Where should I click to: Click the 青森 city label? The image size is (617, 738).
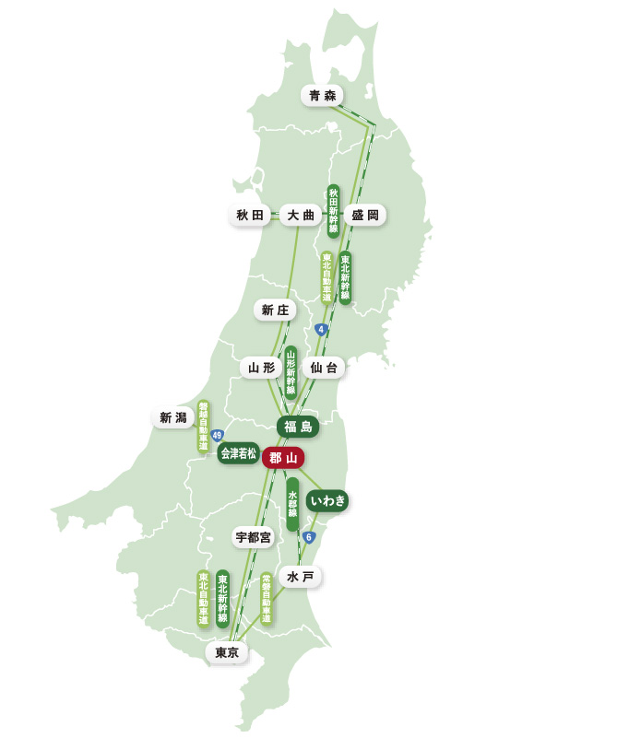[323, 95]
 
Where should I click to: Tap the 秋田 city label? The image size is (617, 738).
[250, 216]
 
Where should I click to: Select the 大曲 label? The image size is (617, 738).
[301, 216]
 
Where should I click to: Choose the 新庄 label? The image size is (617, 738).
[275, 310]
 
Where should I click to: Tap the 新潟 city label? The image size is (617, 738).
[172, 418]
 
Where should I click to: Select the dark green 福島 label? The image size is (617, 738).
[298, 427]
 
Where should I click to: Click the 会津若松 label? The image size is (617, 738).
[238, 453]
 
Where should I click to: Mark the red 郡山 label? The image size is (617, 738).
[283, 457]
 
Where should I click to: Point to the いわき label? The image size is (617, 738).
[327, 500]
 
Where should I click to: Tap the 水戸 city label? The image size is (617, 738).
[301, 577]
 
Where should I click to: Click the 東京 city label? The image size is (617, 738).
[227, 652]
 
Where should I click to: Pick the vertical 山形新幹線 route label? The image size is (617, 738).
[291, 372]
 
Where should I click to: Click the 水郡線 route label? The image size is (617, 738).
[292, 504]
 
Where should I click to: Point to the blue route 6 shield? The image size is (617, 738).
[310, 537]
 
